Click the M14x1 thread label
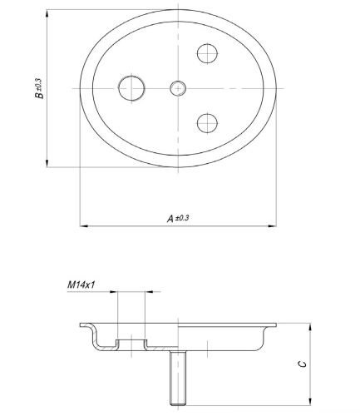coord(81,285)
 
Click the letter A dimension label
coord(170,219)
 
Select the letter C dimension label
coord(303,364)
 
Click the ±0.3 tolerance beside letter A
coord(182,218)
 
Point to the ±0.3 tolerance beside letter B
coord(38,84)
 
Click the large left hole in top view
coord(131,88)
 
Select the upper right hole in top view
coord(207,53)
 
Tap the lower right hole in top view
coord(207,123)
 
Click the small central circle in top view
coord(178,88)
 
